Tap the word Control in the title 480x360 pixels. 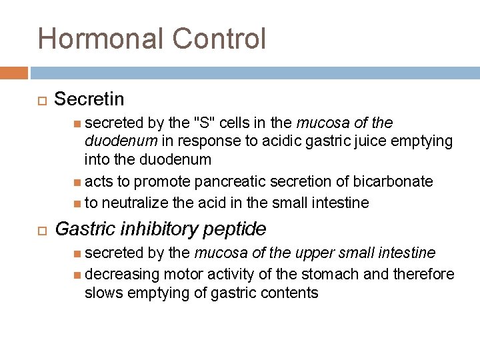click(219, 39)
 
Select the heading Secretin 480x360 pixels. click(89, 99)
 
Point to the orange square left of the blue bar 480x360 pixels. click(13, 72)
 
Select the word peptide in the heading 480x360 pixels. click(239, 229)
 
